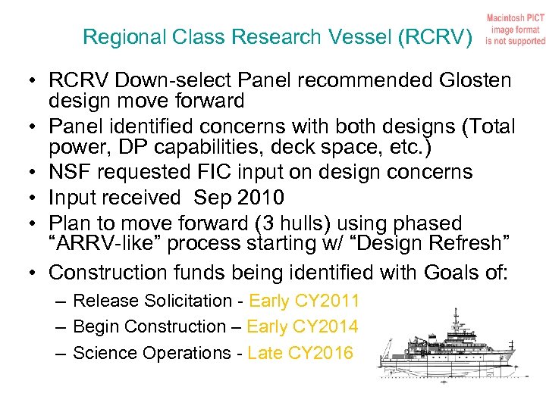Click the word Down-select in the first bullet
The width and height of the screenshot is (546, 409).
click(x=157, y=80)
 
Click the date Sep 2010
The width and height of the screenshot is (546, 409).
click(x=239, y=198)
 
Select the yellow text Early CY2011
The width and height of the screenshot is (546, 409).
click(x=304, y=301)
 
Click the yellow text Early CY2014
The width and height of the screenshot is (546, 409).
click(x=303, y=326)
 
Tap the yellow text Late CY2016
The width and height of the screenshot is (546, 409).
click(x=300, y=353)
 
